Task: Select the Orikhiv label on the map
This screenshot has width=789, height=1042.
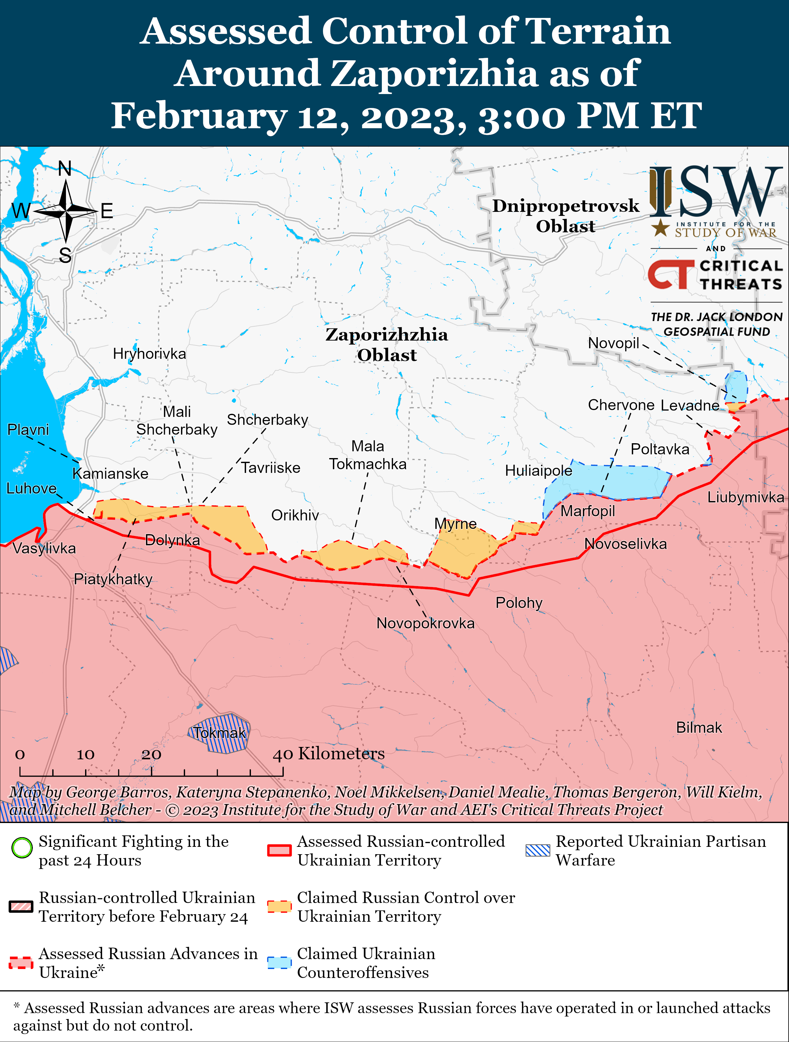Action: point(295,515)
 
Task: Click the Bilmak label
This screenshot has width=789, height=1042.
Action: point(699,727)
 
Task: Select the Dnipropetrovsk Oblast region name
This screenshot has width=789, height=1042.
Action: point(566,216)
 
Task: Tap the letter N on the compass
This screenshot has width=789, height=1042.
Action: point(65,169)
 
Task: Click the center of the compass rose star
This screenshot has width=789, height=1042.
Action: point(66,212)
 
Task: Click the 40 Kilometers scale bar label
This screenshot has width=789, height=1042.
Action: point(329,754)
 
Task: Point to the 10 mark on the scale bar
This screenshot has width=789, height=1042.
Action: point(85,755)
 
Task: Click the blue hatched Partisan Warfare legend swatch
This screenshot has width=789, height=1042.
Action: point(537,850)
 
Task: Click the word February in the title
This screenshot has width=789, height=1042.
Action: point(199,116)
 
